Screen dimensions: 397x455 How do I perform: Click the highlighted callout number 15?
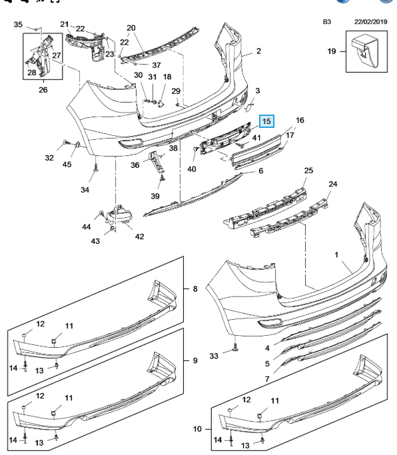point(266,121)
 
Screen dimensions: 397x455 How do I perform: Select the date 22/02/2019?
point(370,22)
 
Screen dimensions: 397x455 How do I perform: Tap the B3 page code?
point(327,22)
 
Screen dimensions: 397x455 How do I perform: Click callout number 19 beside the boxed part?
point(332,51)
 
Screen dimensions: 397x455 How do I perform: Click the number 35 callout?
point(18,25)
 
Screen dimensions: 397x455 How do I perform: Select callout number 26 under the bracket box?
point(43,90)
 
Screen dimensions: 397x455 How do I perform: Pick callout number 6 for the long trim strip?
point(260,171)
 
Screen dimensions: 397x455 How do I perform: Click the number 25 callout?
point(308,171)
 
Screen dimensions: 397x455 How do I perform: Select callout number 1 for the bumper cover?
point(336,254)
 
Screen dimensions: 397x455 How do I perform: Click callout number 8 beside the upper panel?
point(195,288)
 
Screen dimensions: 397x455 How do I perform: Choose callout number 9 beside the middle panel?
point(195,360)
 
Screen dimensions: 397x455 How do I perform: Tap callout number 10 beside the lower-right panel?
point(197,428)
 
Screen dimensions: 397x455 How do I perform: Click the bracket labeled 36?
point(156,163)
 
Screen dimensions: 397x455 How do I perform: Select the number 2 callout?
point(258,51)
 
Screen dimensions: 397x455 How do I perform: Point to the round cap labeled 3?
point(249,108)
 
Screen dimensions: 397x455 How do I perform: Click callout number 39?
point(155,196)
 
